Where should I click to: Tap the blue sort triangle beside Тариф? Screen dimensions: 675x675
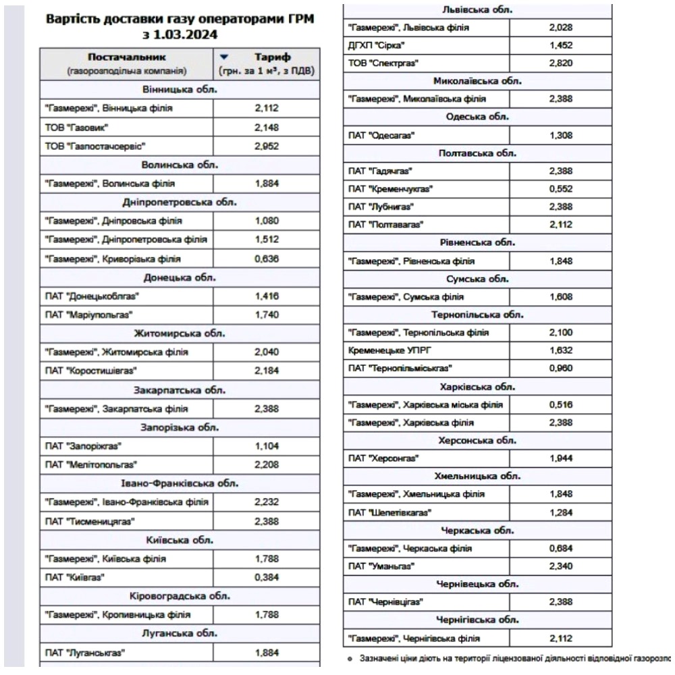coord(225,57)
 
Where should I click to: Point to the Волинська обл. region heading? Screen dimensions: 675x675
coord(179,164)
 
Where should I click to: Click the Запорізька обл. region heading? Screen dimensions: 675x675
coord(179,427)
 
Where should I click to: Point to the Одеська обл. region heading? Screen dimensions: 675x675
coord(477,117)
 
